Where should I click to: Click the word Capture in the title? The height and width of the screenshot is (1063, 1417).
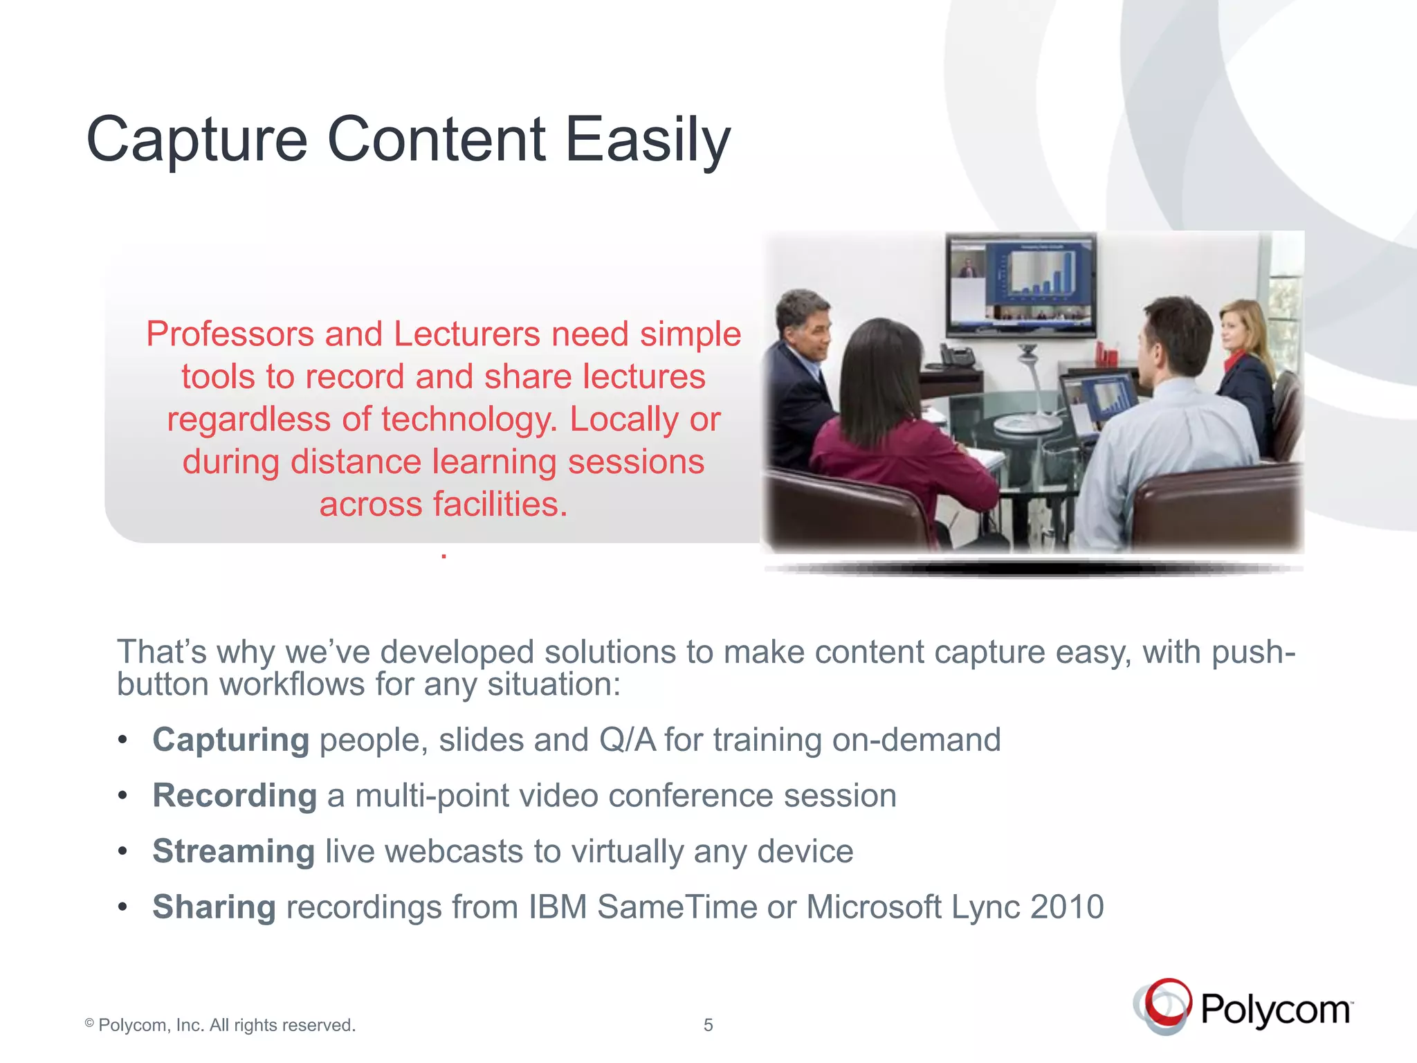pyautogui.click(x=196, y=140)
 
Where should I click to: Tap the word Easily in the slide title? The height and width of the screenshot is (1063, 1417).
pyautogui.click(x=648, y=140)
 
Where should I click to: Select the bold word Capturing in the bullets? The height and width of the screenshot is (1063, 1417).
pyautogui.click(x=230, y=740)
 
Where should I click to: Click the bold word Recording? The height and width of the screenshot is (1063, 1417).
pyautogui.click(x=235, y=795)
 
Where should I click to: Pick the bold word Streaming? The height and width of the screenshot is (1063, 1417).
pyautogui.click(x=234, y=851)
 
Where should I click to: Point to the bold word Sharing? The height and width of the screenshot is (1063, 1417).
pyautogui.click(x=214, y=907)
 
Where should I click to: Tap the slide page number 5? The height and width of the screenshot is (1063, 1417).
pyautogui.click(x=708, y=1025)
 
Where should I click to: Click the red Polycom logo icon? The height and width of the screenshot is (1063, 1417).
pyautogui.click(x=1164, y=1006)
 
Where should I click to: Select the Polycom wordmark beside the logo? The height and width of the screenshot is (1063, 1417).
pyautogui.click(x=1275, y=1010)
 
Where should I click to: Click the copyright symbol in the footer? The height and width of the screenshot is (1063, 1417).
pyautogui.click(x=89, y=1023)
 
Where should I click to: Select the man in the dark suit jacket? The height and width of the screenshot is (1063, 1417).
pyautogui.click(x=803, y=374)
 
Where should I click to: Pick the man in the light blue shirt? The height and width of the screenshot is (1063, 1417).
pyautogui.click(x=1169, y=429)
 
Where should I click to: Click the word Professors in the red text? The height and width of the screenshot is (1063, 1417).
pyautogui.click(x=230, y=334)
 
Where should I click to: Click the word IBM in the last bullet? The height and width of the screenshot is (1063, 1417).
pyautogui.click(x=558, y=907)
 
